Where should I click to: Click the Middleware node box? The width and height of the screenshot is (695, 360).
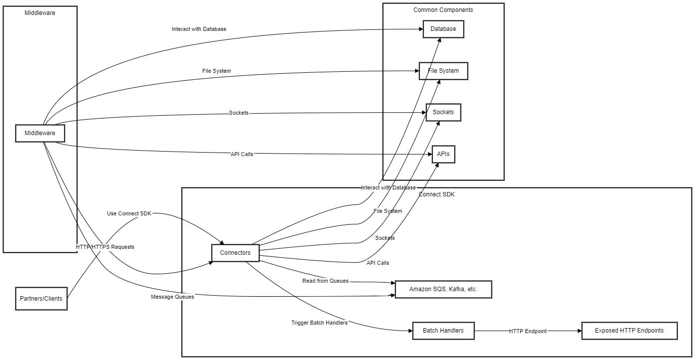pos(40,134)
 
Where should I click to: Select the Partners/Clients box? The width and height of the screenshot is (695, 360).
pos(41,299)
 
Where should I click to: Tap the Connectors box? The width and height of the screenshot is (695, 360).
pos(235,253)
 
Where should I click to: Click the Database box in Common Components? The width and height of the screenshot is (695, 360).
pos(443,29)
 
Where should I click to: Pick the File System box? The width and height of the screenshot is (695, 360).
pos(443,71)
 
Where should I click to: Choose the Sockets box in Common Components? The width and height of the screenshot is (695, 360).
pos(443,112)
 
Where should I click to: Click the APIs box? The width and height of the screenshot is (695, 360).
pos(443,154)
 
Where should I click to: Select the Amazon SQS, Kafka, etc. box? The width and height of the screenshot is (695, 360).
pos(443,289)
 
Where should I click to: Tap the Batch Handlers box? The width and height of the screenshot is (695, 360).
pos(443,331)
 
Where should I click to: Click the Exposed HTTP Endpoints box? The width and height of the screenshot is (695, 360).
pos(629,331)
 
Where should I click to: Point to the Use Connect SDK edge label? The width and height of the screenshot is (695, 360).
pos(129,213)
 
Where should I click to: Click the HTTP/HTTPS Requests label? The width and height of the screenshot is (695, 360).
pos(105,247)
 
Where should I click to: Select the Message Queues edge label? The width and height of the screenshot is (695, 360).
pos(172,297)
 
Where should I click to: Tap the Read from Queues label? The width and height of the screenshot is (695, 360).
pos(325,281)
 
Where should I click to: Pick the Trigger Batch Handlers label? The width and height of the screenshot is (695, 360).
pos(319,323)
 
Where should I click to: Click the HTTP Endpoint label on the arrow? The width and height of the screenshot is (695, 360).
pos(527,331)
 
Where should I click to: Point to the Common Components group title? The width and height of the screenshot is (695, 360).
pos(443,10)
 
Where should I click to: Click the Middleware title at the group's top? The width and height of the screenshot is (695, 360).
pos(40,13)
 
